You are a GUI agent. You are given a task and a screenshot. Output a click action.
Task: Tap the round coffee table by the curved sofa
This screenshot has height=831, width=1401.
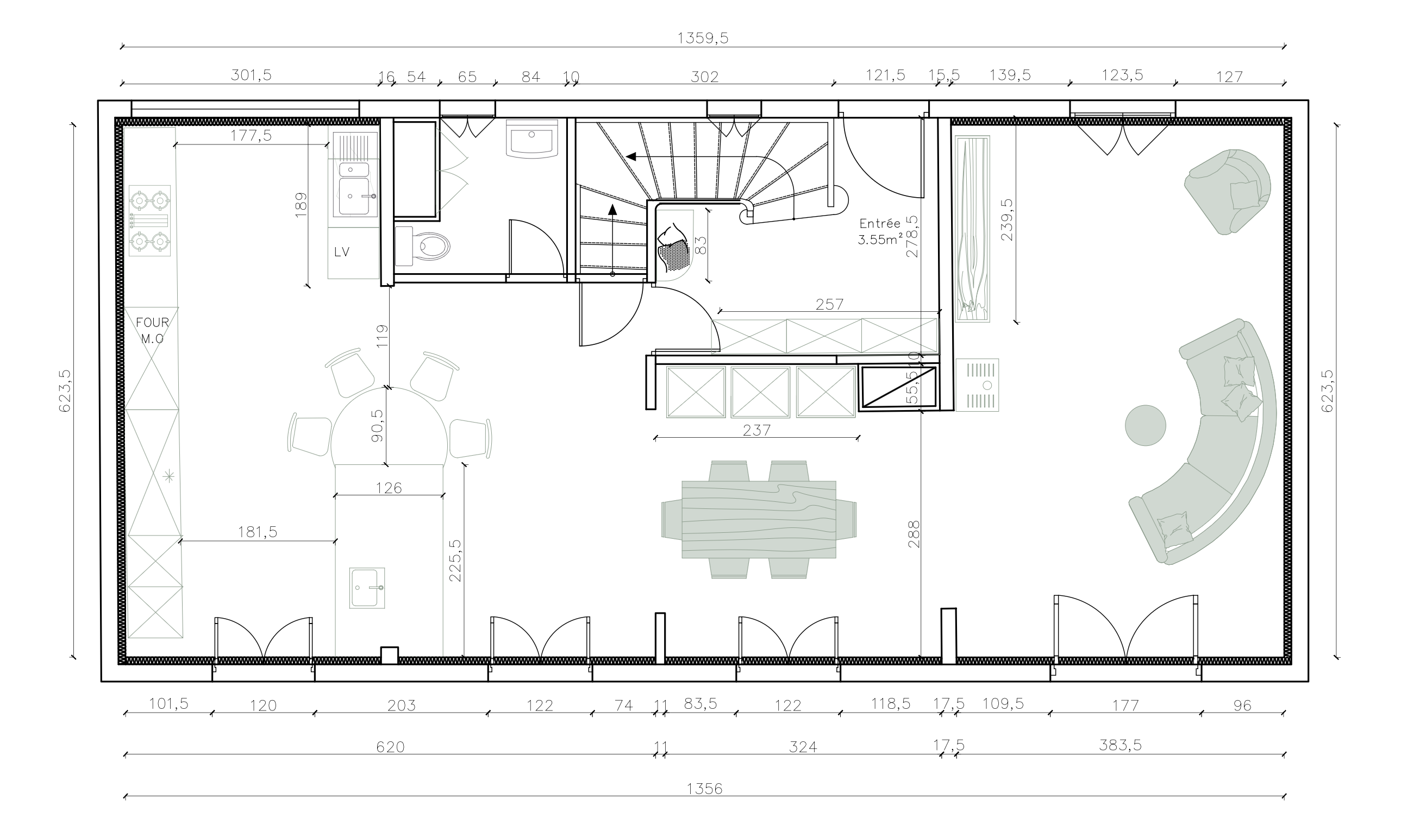[x=1146, y=426]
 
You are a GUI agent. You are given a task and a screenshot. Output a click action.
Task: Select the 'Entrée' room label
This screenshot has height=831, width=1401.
[x=880, y=223]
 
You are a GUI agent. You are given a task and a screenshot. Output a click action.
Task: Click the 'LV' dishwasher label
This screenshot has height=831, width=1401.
[x=342, y=252]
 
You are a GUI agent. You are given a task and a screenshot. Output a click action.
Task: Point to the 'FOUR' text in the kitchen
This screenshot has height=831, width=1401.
[x=152, y=323]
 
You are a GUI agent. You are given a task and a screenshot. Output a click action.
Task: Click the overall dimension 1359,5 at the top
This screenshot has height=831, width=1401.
[x=703, y=38]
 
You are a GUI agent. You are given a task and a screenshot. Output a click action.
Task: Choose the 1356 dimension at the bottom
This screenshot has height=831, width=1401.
[x=705, y=789]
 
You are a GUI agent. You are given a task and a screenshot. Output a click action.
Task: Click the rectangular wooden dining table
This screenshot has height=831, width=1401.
[x=759, y=519]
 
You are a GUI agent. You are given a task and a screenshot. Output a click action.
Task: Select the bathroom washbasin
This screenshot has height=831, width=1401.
[x=531, y=138]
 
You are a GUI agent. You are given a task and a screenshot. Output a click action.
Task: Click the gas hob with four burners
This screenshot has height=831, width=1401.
[x=149, y=221]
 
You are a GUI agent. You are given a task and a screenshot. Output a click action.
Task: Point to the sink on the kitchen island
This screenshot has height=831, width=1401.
[x=367, y=588]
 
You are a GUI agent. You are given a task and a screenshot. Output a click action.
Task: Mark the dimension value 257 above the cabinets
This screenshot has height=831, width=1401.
[x=830, y=304]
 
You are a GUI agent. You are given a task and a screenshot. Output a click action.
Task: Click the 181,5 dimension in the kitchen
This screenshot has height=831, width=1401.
[x=258, y=531]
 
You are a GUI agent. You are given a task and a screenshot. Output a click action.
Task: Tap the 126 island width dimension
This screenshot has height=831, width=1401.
[x=389, y=488]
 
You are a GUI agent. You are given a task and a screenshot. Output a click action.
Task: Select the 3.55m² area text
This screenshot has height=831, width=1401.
[x=880, y=240]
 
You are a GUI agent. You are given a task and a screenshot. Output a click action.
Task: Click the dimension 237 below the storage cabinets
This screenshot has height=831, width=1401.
[x=757, y=430]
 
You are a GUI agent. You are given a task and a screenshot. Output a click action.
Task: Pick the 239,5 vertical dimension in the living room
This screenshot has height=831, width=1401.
[x=1007, y=220]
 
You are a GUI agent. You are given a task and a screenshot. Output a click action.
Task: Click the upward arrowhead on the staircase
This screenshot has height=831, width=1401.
[x=612, y=210]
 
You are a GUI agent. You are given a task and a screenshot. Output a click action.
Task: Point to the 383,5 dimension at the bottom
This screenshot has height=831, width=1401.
[x=1121, y=745]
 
